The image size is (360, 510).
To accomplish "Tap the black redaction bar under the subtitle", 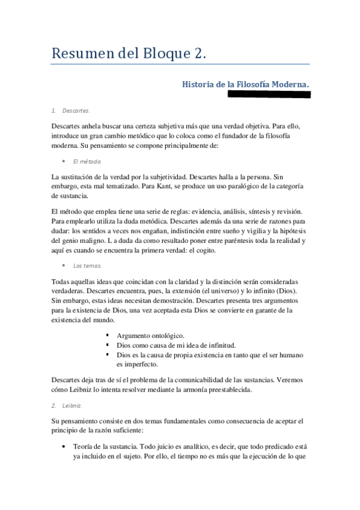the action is tap(268, 94).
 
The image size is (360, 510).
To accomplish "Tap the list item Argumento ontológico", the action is tap(150, 335).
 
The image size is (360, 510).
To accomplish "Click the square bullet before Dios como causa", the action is tap(107, 345).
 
